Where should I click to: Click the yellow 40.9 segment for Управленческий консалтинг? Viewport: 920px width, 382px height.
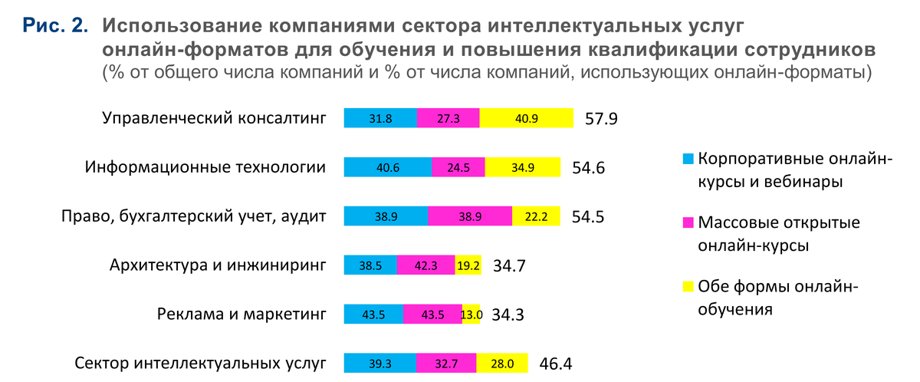tap(526, 118)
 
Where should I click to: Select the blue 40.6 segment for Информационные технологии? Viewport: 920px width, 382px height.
tap(387, 167)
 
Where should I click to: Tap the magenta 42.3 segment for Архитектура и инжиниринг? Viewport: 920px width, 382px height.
tap(426, 265)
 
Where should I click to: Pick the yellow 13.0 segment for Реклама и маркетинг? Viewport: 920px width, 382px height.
tap(471, 314)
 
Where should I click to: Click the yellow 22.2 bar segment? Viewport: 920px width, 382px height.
tap(536, 216)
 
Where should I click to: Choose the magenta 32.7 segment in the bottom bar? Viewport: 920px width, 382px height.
tap(446, 363)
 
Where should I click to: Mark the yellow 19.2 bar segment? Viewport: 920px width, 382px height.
tap(468, 265)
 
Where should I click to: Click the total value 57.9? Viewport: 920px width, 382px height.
tap(601, 120)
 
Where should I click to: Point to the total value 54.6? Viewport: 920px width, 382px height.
tap(589, 168)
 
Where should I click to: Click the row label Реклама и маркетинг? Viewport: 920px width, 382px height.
tap(242, 314)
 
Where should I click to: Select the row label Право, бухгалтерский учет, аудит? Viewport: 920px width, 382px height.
tap(193, 216)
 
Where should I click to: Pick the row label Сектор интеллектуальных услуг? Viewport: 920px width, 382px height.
tap(200, 363)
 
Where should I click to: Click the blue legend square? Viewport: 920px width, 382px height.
tap(688, 160)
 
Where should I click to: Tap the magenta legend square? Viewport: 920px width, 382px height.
tap(688, 223)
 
